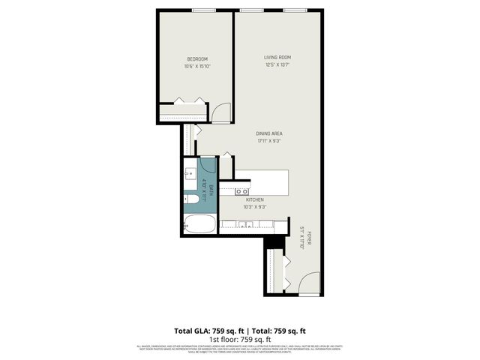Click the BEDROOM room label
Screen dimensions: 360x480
[x=197, y=59]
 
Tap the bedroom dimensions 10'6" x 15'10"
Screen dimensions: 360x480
[x=197, y=67]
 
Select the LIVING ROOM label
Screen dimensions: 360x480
[x=277, y=57]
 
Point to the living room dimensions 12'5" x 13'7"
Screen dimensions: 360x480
[x=277, y=64]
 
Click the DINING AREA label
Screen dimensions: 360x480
[x=268, y=133]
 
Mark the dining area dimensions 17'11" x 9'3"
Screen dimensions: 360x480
[x=268, y=141]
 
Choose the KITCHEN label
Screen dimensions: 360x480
[x=255, y=199]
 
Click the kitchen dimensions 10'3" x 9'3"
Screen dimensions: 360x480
[x=255, y=207]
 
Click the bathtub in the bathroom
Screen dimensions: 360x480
[x=200, y=223]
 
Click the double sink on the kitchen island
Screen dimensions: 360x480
[x=242, y=190]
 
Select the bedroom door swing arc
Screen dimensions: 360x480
[x=220, y=113]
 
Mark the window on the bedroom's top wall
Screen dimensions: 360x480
[x=203, y=10]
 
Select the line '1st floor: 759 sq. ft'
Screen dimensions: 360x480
[x=239, y=339]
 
